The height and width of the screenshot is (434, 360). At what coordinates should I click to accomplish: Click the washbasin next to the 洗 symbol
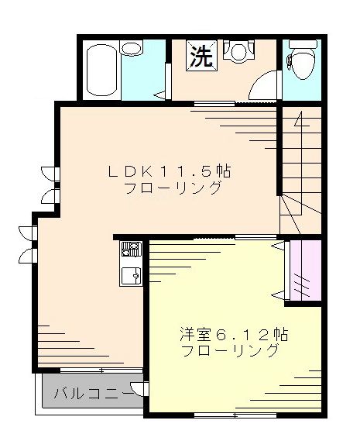[235, 51]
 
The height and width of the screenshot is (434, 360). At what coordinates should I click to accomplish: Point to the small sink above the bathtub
[132, 49]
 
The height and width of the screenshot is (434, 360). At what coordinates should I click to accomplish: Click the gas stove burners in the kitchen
[129, 249]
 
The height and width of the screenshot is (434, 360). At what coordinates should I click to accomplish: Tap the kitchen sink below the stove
[129, 274]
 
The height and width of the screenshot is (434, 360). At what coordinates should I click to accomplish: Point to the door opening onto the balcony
[140, 392]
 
